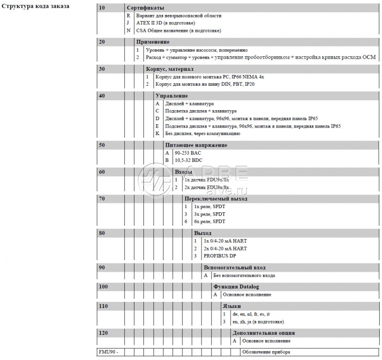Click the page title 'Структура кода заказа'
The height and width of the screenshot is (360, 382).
tap(36, 7)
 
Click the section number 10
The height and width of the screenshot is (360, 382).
tap(102, 8)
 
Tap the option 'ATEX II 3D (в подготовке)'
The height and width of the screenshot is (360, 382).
tap(165, 23)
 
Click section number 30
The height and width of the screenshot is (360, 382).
tap(102, 69)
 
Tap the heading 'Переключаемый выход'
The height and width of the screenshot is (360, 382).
tap(216, 199)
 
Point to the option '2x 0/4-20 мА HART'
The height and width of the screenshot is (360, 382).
tap(225, 248)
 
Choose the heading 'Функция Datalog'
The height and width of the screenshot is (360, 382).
tap(236, 287)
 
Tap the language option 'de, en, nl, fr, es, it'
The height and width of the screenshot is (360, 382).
tap(251, 314)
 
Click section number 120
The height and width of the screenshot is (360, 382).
tap(104, 333)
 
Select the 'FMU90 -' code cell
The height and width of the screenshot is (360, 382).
tap(107, 352)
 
